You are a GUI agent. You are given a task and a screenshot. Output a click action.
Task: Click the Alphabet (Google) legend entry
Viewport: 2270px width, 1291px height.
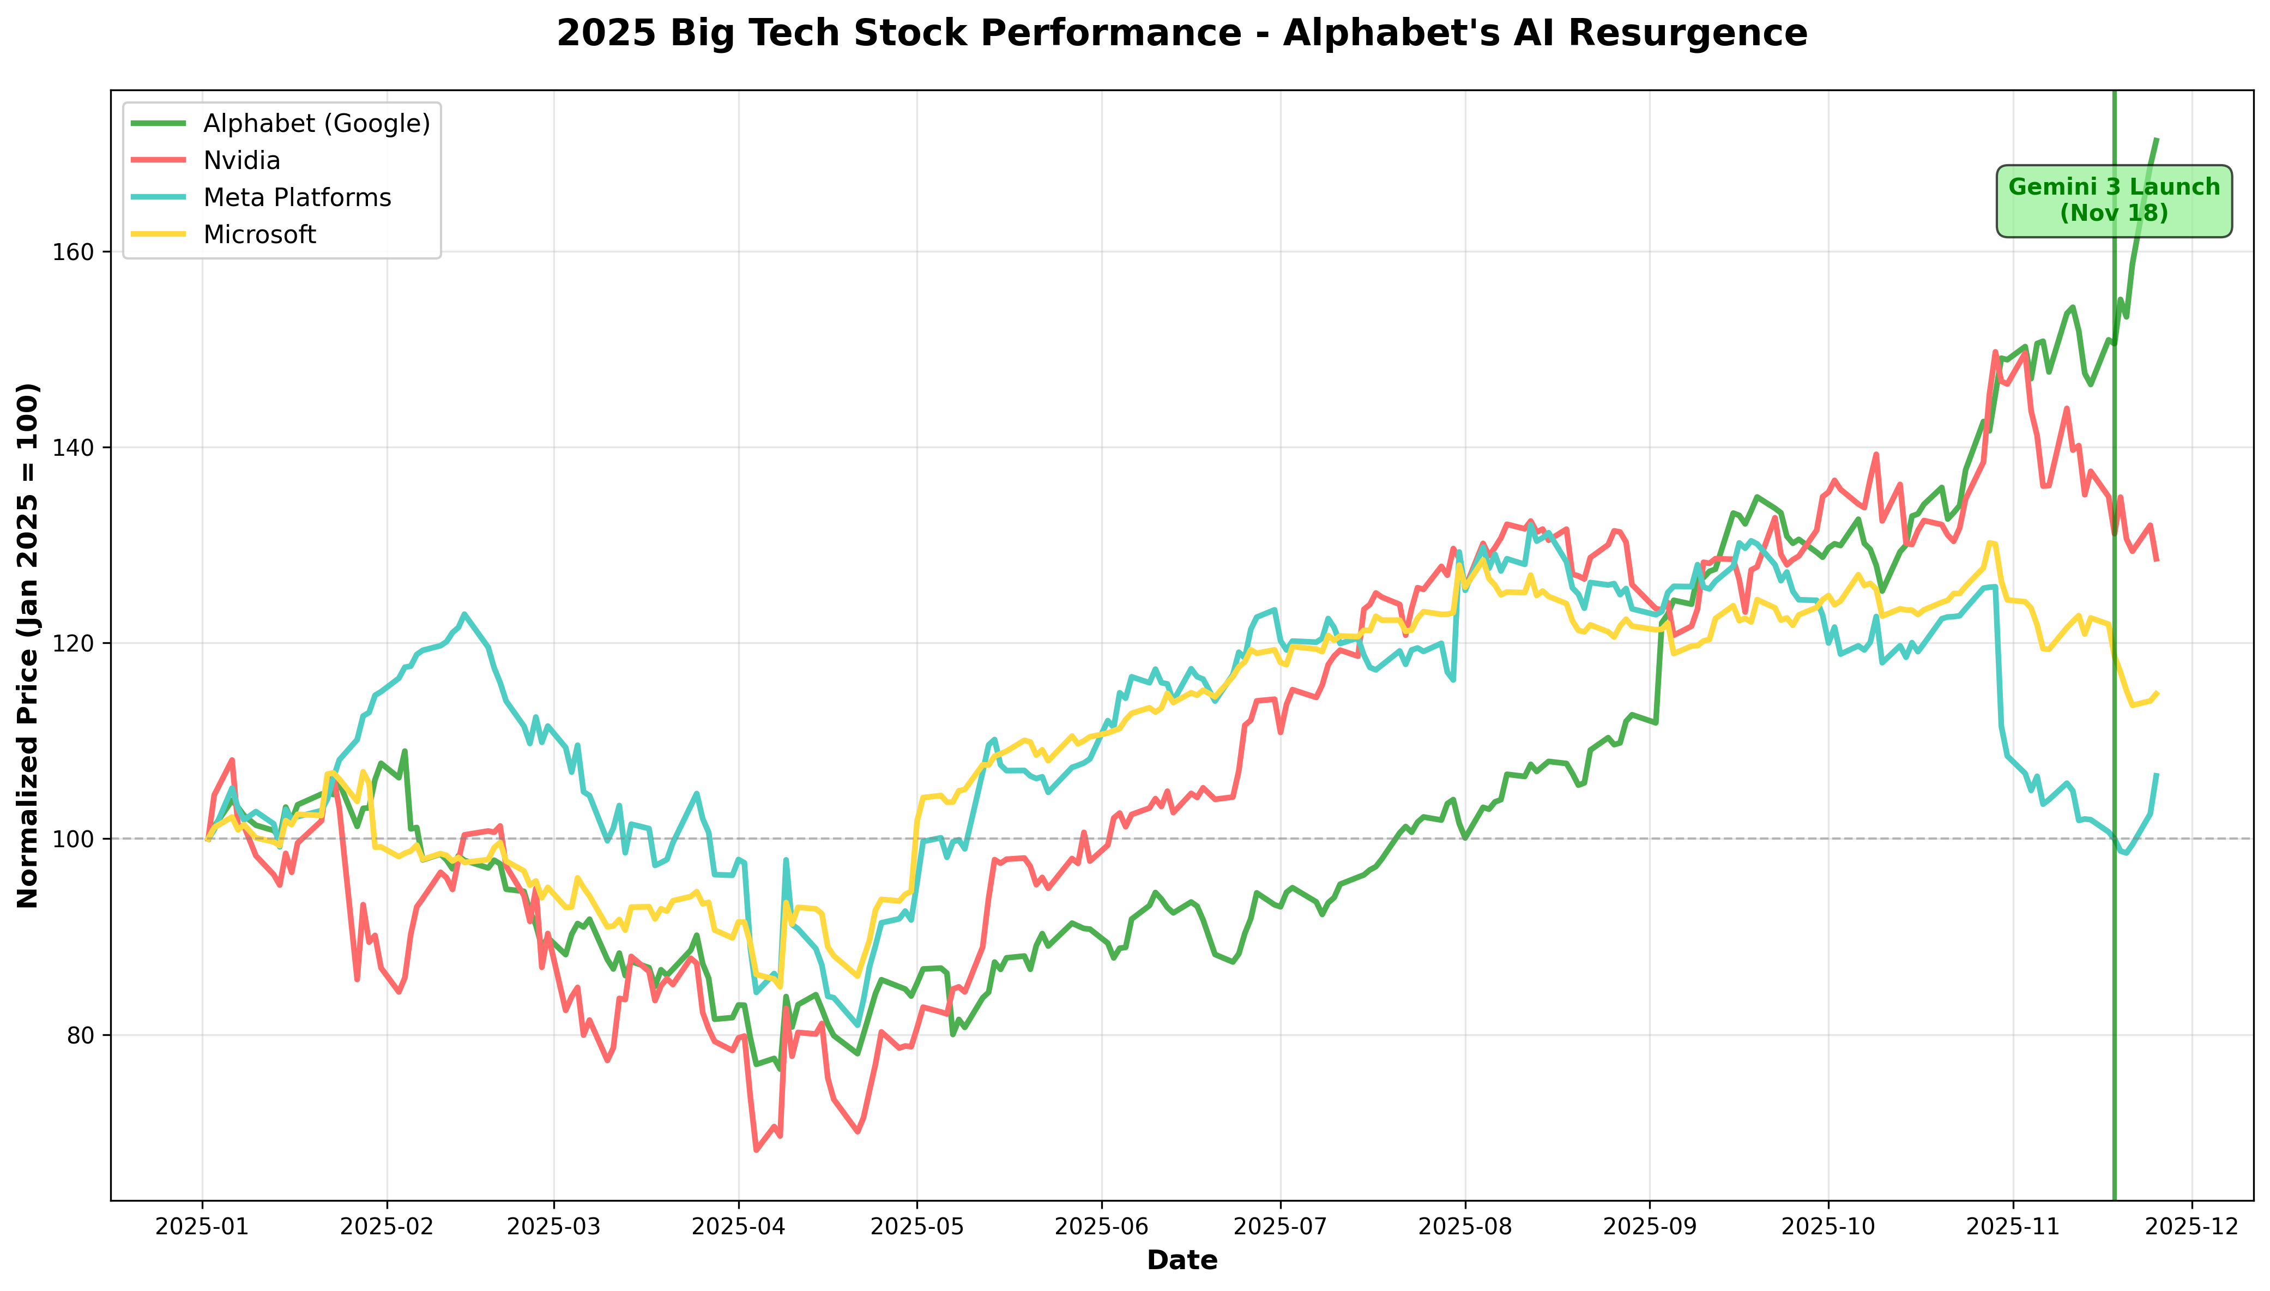pyautogui.click(x=316, y=123)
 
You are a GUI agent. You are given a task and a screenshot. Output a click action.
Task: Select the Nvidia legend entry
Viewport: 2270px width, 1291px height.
pyautogui.click(x=241, y=160)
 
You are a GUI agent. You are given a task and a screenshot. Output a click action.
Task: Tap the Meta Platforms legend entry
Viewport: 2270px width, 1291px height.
pyautogui.click(x=297, y=198)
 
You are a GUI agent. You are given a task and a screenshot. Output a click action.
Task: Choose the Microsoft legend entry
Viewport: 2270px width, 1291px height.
pyautogui.click(x=259, y=235)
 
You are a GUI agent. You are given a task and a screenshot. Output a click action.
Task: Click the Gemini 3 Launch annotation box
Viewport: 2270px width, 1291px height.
pyautogui.click(x=2113, y=201)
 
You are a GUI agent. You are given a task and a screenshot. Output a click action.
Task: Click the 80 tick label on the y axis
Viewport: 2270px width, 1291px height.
pyautogui.click(x=82, y=1035)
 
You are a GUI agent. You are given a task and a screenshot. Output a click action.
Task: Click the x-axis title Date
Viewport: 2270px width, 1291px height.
pyautogui.click(x=1181, y=1260)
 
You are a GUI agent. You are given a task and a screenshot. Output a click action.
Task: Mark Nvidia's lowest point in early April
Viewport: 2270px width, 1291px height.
pyautogui.click(x=756, y=1150)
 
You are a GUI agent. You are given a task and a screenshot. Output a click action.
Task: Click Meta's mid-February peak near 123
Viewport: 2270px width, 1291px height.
pyautogui.click(x=463, y=613)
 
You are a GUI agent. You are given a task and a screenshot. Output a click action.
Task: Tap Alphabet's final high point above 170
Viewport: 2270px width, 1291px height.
pyautogui.click(x=2157, y=139)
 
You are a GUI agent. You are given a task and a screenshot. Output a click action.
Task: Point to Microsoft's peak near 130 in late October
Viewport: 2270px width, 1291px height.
pyautogui.click(x=1990, y=542)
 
